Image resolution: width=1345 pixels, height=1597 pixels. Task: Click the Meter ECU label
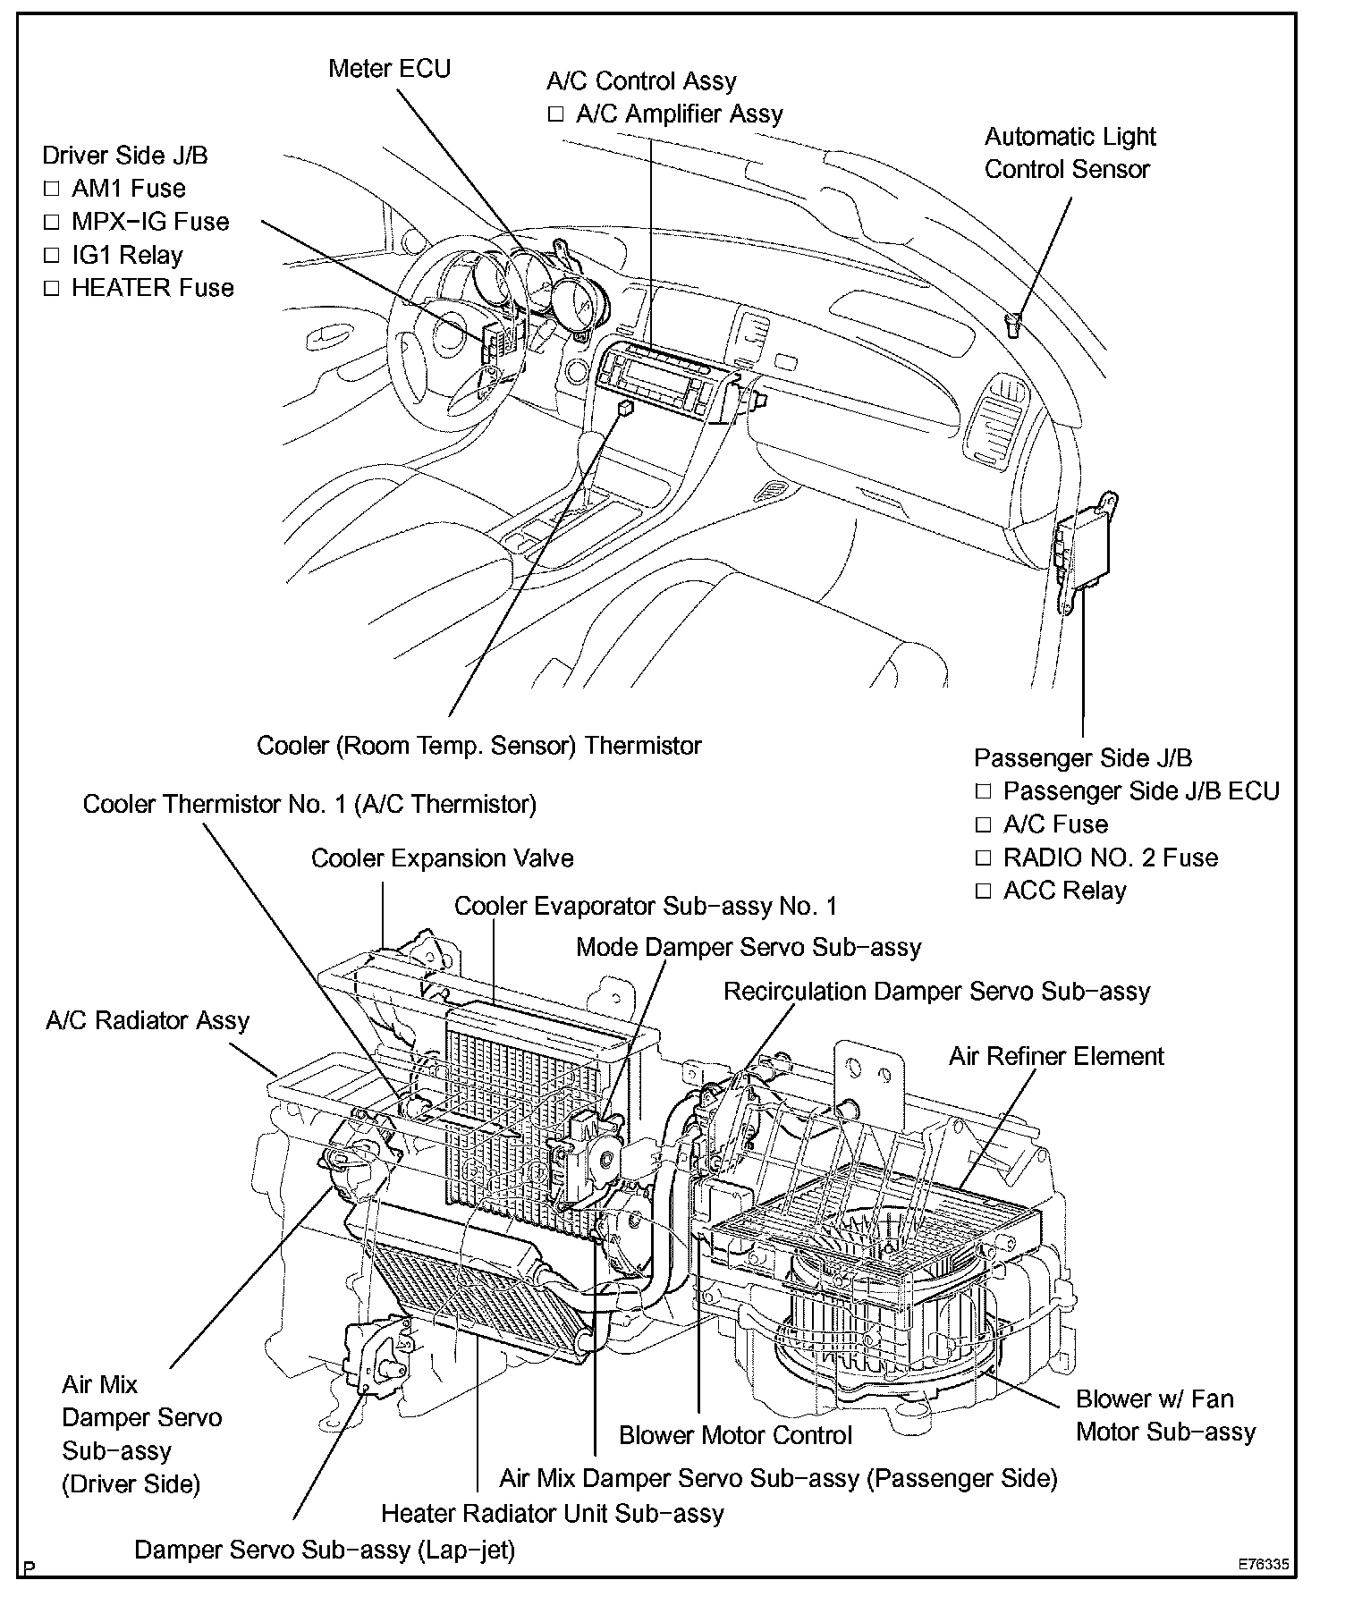tap(389, 69)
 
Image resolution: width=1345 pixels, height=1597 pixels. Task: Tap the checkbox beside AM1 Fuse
tap(51, 190)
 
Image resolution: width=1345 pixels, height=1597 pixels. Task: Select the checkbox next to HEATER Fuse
tap(51, 289)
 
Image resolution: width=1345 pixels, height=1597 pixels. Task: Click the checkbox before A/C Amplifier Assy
tap(556, 114)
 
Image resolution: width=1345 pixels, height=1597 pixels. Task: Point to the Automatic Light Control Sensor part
tap(1013, 325)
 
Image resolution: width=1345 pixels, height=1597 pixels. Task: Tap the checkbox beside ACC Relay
tap(984, 891)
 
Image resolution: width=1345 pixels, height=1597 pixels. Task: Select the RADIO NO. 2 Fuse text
tap(1111, 858)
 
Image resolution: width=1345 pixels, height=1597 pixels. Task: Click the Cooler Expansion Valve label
tap(442, 859)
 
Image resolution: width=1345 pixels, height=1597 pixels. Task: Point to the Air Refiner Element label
tap(1056, 1057)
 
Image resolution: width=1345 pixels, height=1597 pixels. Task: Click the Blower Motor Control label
tap(735, 1436)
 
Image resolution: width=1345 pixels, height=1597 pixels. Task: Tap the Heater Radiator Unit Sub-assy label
tap(552, 1514)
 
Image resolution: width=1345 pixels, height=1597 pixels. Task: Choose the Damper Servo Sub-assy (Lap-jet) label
tap(325, 1550)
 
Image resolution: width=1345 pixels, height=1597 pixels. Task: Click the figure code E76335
tap(1264, 1566)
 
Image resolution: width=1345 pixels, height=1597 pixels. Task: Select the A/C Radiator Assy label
tap(148, 1021)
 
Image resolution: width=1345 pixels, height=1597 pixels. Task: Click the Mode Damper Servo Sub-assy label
tap(749, 947)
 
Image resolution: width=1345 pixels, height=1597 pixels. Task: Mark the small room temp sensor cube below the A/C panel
tap(626, 408)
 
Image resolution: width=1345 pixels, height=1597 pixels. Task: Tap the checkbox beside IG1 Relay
tap(51, 256)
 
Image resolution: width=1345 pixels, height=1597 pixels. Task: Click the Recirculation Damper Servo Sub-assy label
tap(936, 992)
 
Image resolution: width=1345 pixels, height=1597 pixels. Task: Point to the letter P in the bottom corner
tap(30, 1568)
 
